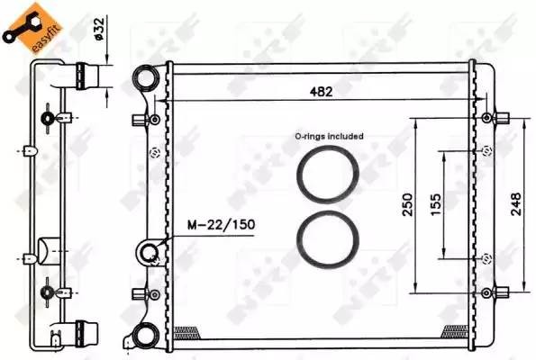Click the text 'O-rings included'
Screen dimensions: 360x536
329,136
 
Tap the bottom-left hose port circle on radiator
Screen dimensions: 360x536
144,337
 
